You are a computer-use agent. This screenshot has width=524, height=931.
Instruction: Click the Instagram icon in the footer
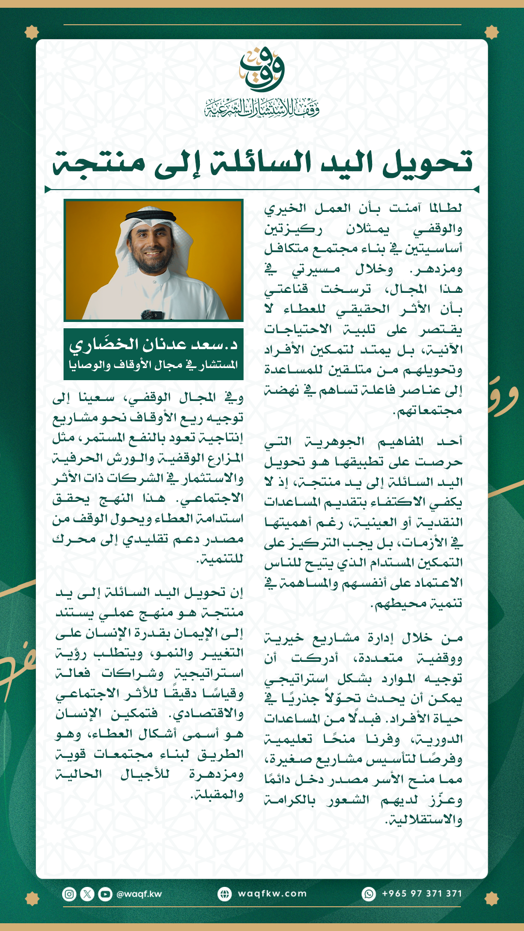pos(69,894)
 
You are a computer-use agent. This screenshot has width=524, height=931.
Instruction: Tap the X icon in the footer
pos(87,894)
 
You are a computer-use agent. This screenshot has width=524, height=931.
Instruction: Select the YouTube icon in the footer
pos(105,894)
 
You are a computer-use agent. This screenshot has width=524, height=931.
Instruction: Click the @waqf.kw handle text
pos(139,894)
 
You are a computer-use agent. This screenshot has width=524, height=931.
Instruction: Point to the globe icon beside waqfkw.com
pos(225,894)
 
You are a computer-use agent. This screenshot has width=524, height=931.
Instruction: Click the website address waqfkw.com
pos(272,894)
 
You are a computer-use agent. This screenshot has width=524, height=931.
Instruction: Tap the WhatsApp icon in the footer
pos(369,894)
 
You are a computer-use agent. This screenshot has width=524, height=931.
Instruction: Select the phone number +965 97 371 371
pos(422,894)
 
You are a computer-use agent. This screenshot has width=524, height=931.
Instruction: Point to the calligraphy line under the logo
pos(262,108)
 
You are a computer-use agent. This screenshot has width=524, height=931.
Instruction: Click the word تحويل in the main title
pos(427,162)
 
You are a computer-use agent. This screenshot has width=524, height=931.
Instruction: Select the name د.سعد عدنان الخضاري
pos(153,345)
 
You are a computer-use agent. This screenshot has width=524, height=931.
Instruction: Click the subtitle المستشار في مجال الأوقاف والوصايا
pos(153,365)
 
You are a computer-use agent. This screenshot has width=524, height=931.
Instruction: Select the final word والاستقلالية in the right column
pos(424,820)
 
